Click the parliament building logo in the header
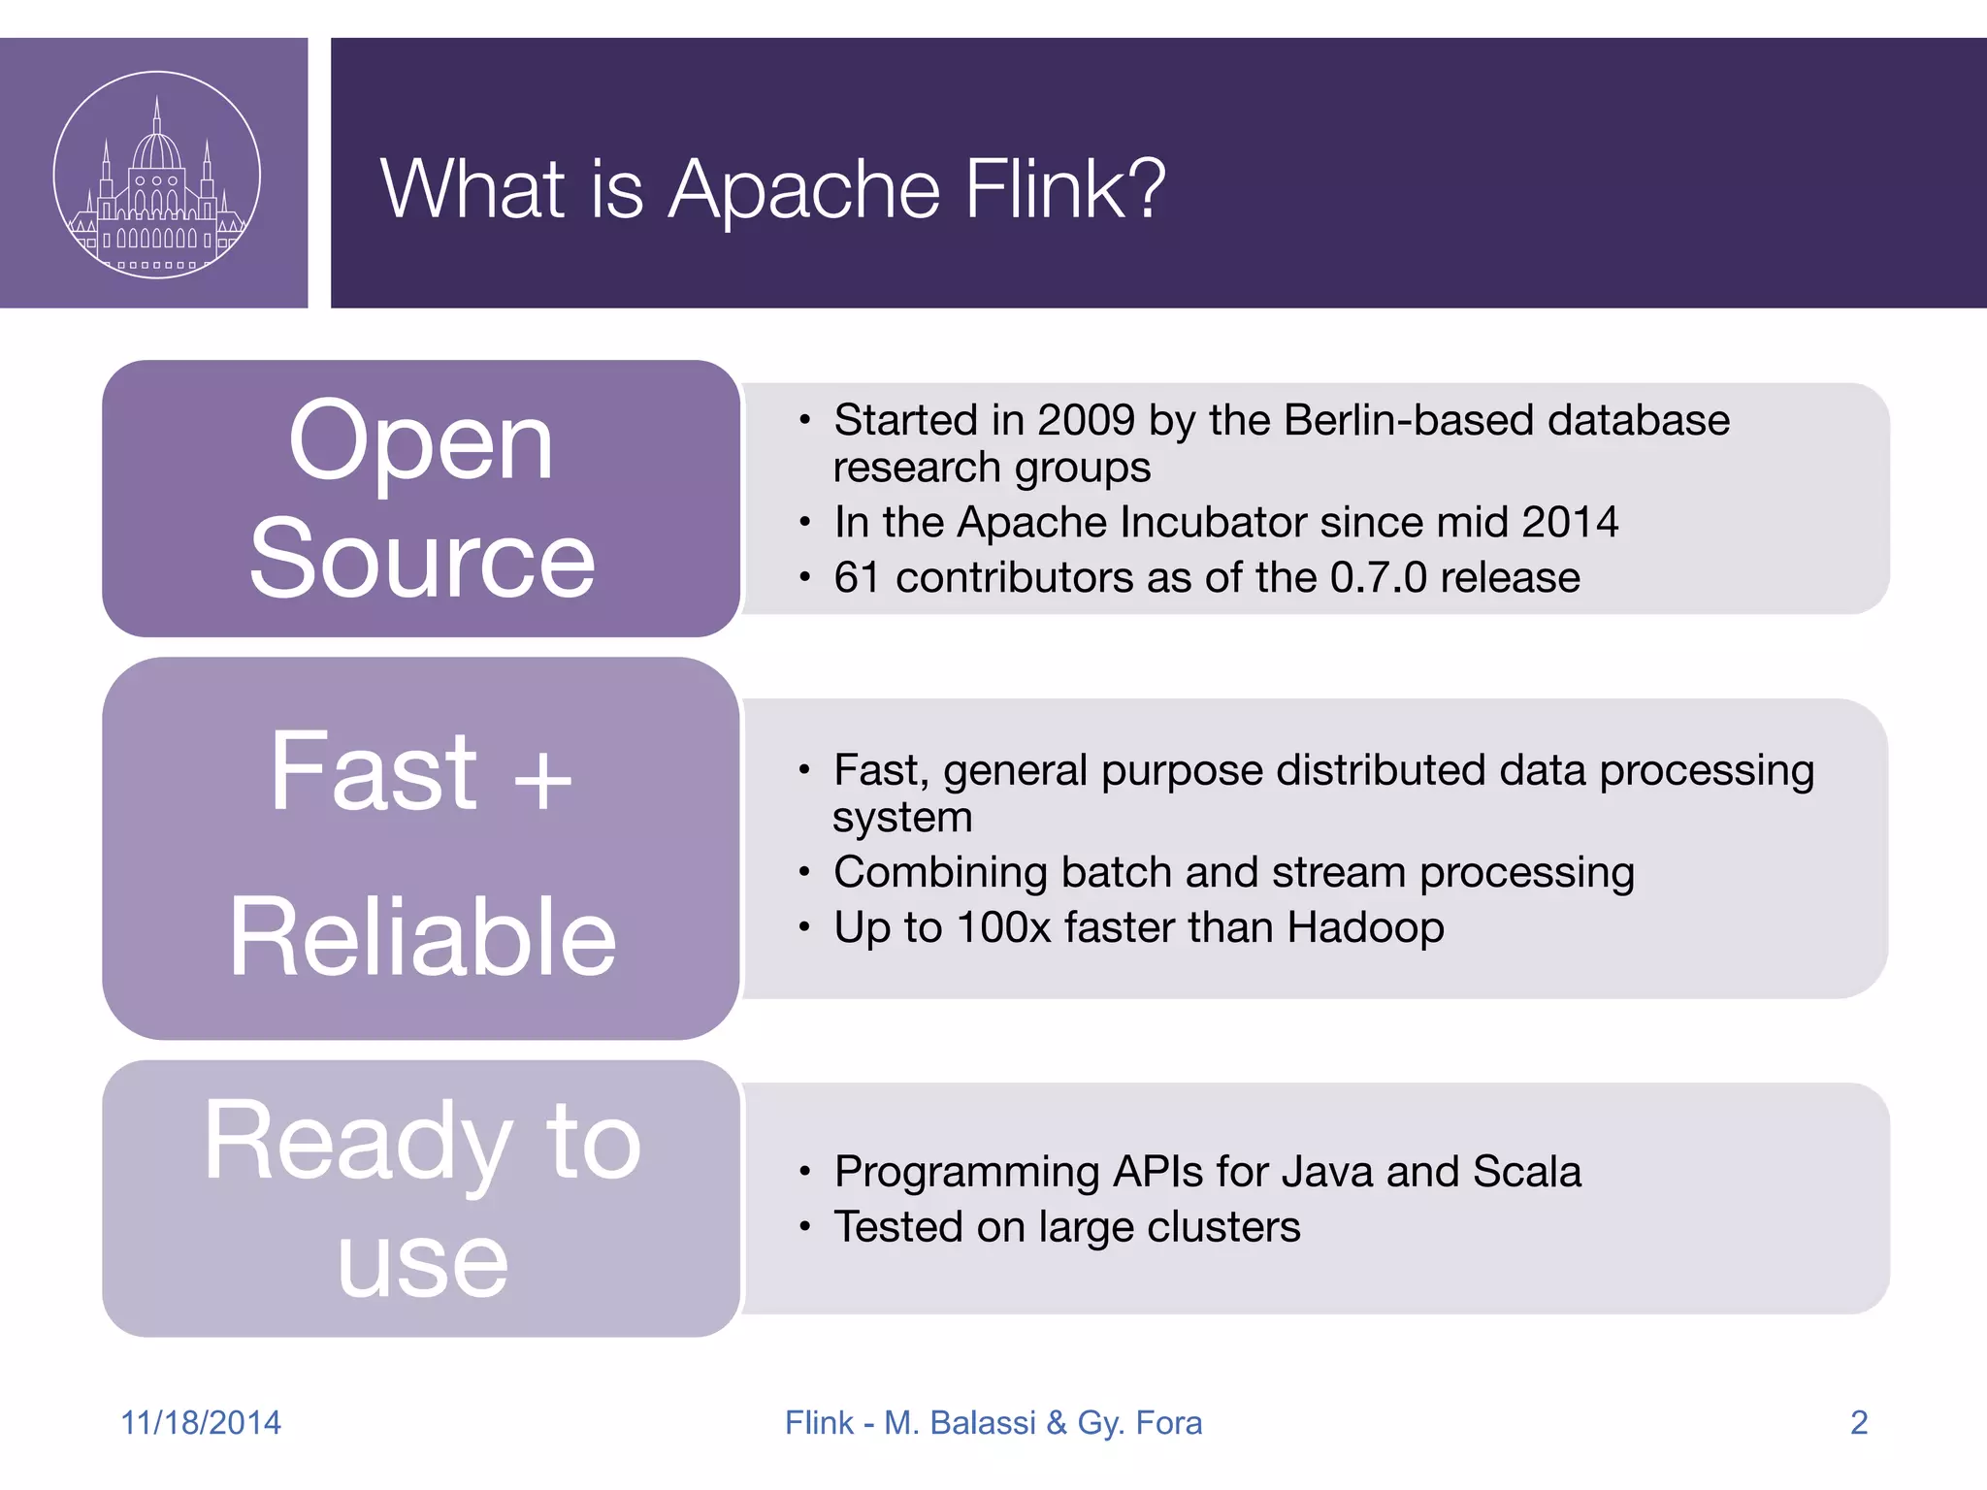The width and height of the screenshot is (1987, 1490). pyautogui.click(x=156, y=175)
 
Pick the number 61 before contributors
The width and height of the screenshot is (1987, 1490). pyautogui.click(x=857, y=577)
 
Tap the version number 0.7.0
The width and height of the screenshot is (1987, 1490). pyautogui.click(x=1378, y=577)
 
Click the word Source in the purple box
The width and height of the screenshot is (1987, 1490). pyautogui.click(x=421, y=560)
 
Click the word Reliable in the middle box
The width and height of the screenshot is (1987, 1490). pyautogui.click(x=422, y=937)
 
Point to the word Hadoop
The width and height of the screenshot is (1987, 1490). pyautogui.click(x=1365, y=927)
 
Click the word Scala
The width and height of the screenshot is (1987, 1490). pyautogui.click(x=1526, y=1172)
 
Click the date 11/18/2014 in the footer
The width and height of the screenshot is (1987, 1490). pyautogui.click(x=201, y=1422)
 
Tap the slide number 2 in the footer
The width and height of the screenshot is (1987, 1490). pyautogui.click(x=1858, y=1422)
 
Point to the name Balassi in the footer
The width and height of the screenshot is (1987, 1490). pyautogui.click(x=982, y=1422)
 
